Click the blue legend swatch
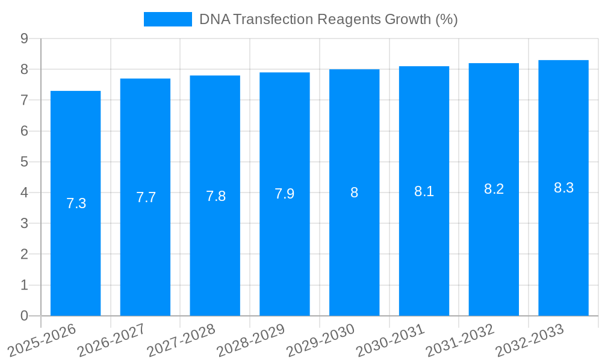coord(167,19)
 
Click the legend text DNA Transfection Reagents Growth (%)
coord(328,19)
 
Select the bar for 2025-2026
coord(75,241)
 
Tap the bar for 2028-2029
coord(285,241)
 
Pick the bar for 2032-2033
coord(563,241)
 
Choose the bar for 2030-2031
coord(424,241)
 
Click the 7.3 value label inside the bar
coord(76,203)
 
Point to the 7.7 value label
coord(146,197)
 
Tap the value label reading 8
coord(354,193)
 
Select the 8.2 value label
coord(494,189)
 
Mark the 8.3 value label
coord(563,188)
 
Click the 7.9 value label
coord(285,194)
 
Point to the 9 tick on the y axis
coord(24,39)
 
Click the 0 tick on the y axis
coord(24,316)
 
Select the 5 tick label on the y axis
coord(24,162)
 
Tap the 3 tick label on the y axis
coord(24,223)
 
